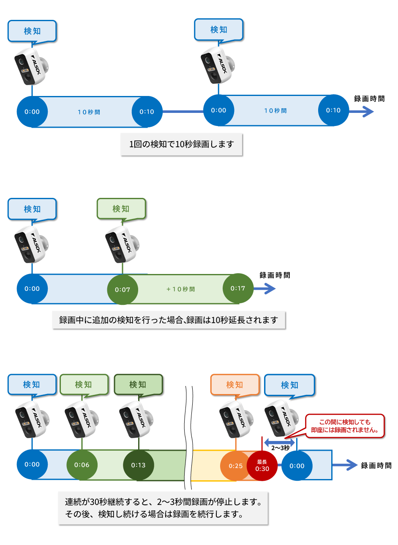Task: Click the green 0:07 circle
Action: (x=123, y=290)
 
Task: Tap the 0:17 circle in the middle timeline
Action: (x=238, y=288)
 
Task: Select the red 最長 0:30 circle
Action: (x=262, y=466)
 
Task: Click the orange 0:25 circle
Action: (x=235, y=466)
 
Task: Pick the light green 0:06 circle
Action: (x=82, y=465)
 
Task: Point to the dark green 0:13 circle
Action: (x=138, y=465)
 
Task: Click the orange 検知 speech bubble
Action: (x=234, y=385)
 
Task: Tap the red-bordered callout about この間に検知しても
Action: (x=345, y=426)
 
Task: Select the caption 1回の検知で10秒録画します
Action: (x=181, y=145)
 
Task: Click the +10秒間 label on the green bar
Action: (x=181, y=289)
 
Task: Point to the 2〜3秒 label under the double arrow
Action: (x=280, y=448)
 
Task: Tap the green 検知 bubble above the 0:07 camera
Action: (x=121, y=209)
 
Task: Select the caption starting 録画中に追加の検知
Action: (x=169, y=320)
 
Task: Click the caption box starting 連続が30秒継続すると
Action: (x=163, y=508)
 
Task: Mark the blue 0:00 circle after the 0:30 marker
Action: (x=297, y=466)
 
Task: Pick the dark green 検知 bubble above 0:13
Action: (x=138, y=385)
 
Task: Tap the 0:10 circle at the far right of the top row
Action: (x=333, y=110)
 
